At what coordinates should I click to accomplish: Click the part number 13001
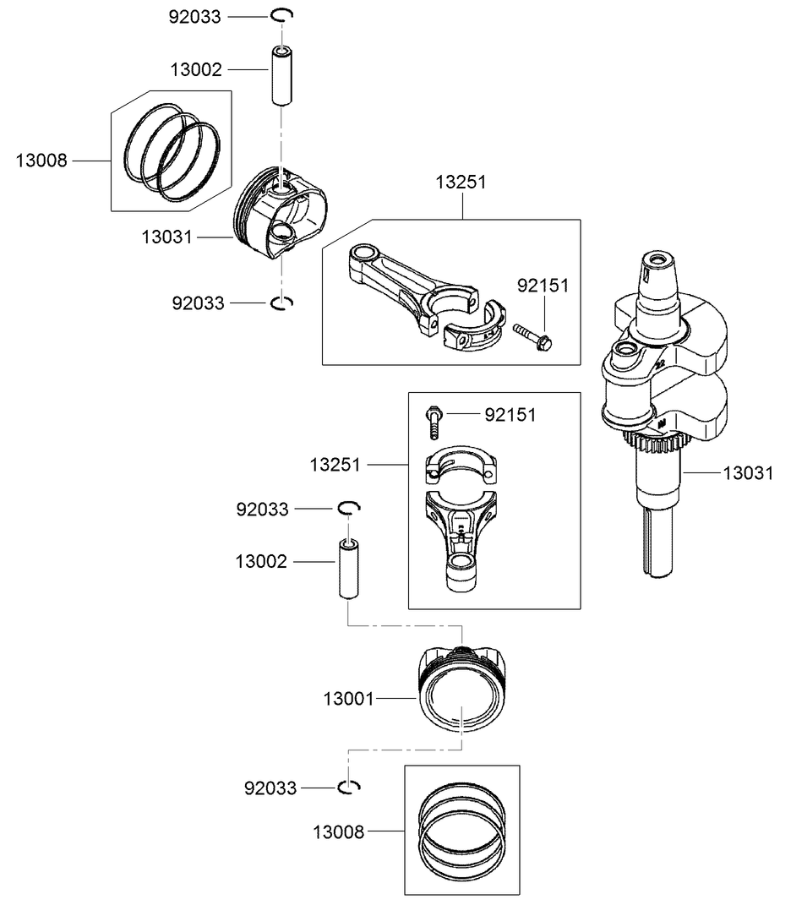tap(349, 699)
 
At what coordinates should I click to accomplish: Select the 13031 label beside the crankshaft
tap(748, 473)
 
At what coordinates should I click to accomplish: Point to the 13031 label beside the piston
tap(166, 237)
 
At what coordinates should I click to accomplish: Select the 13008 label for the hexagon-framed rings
tap(41, 161)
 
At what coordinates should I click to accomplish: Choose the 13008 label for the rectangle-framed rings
tap(339, 831)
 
